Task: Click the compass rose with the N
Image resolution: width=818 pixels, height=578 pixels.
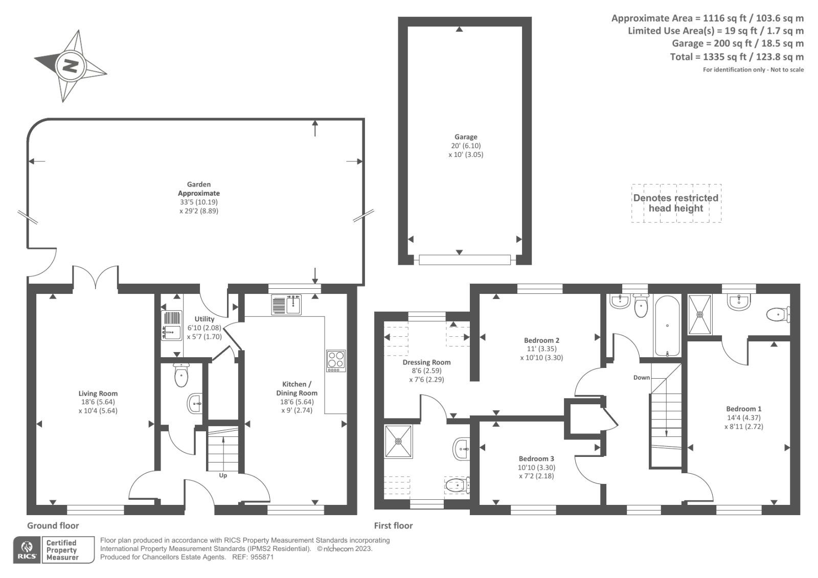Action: (71, 66)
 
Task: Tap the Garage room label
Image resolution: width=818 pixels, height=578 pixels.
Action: (466, 137)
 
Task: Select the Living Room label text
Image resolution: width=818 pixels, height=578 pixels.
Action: (98, 394)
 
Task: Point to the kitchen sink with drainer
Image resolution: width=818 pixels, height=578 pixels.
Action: (286, 305)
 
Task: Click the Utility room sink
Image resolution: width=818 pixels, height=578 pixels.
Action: (171, 326)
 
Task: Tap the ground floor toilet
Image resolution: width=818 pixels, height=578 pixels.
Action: (181, 375)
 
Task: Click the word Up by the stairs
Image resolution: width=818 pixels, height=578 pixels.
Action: (223, 475)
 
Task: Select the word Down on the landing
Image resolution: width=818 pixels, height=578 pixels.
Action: (642, 378)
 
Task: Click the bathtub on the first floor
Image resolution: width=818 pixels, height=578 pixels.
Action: (667, 326)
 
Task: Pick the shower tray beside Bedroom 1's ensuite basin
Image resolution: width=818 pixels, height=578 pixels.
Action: (699, 314)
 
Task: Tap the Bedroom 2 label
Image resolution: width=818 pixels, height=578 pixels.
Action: (541, 340)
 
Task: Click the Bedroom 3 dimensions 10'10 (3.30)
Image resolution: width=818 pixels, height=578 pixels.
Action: (536, 468)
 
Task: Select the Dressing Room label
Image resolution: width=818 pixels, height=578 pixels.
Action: (426, 362)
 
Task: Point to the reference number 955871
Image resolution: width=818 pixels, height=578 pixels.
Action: (262, 557)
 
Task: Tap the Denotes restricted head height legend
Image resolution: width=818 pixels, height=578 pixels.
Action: (676, 203)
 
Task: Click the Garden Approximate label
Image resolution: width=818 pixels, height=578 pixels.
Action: (198, 189)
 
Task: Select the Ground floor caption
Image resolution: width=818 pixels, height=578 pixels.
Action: (53, 525)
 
